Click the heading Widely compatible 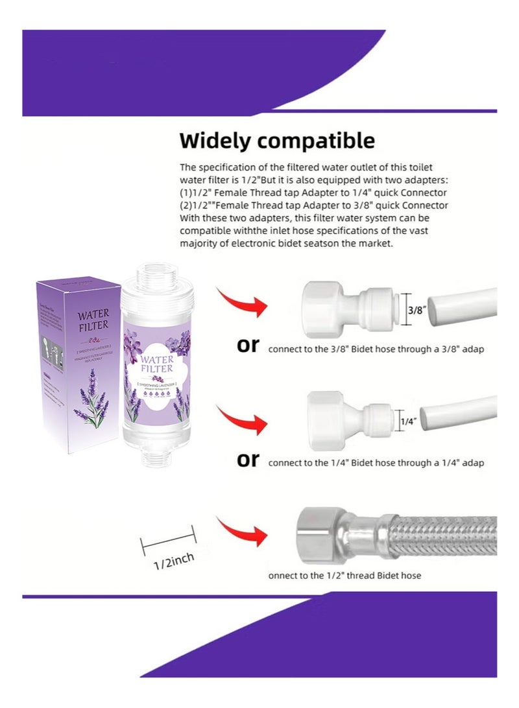277,141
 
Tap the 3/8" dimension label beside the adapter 415,311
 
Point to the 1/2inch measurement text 173,561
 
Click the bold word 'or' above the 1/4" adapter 248,345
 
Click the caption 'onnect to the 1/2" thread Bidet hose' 344,576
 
